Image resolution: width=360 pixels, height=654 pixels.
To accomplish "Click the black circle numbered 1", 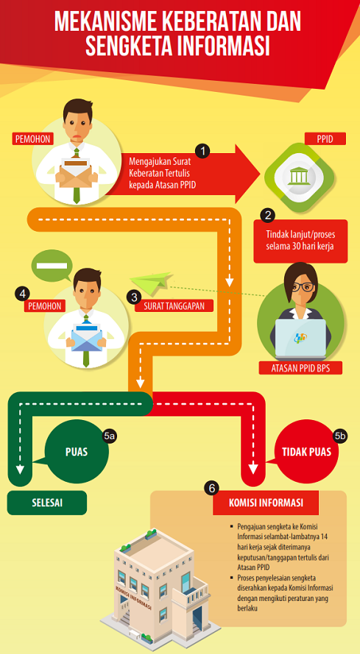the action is tap(202, 152).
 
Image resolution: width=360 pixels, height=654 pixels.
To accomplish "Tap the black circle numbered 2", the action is tap(267, 216).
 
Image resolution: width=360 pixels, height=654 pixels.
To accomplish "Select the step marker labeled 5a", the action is tap(110, 436).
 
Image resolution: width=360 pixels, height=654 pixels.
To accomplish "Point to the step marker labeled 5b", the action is tap(340, 436).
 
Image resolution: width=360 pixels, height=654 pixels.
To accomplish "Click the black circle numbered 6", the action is tap(212, 488).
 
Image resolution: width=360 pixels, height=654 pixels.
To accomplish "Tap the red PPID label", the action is tap(325, 138).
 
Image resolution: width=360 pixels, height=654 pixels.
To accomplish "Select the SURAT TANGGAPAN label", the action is tap(174, 306).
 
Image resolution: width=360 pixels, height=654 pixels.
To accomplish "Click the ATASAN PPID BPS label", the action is tap(300, 369).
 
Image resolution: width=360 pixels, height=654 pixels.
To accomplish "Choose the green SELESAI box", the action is tap(47, 502).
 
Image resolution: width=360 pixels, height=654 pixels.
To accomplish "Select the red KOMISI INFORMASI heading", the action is tap(266, 502).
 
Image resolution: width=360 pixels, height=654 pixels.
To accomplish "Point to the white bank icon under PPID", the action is tap(299, 177).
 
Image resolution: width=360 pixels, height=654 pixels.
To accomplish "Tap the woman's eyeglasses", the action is tap(303, 288).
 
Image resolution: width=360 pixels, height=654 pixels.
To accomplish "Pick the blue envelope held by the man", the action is tap(87, 336).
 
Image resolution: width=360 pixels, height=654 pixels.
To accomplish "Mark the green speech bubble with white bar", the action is tap(52, 266).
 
